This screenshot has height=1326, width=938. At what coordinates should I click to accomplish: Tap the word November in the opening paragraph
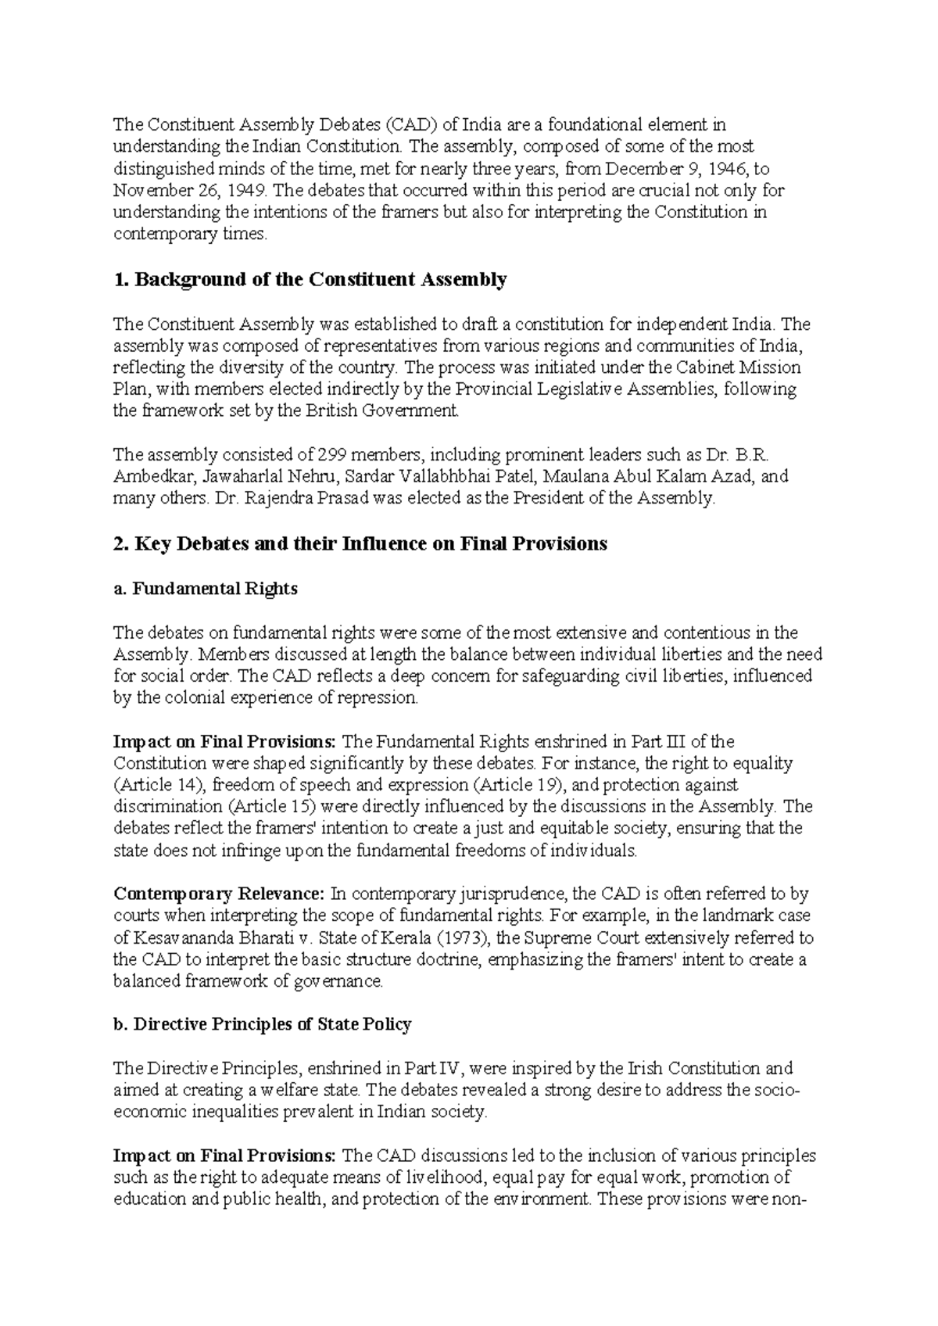coord(150,190)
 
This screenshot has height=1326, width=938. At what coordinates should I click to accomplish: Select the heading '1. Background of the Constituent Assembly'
coord(310,279)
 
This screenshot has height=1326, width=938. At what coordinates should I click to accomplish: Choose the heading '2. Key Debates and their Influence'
coord(360,544)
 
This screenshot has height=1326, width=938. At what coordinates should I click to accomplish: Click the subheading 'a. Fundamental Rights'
coord(206,589)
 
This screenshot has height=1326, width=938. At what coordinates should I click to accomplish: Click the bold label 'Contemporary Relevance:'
coord(220,894)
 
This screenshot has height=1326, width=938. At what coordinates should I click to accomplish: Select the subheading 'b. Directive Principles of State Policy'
coord(263,1024)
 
